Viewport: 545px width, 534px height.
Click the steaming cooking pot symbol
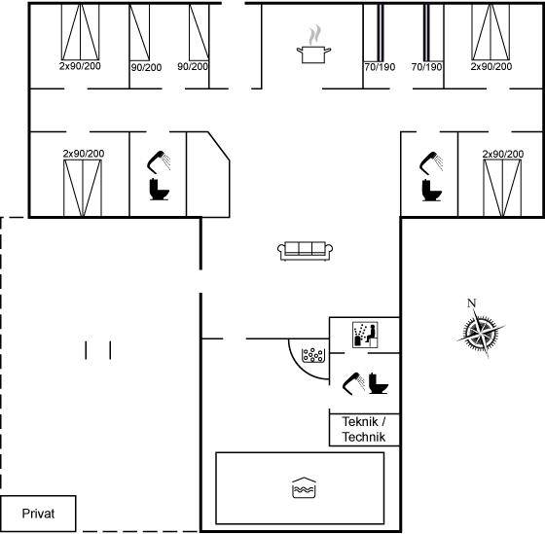coord(313,45)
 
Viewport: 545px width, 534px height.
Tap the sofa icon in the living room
coord(306,251)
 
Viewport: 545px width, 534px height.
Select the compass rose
coord(481,333)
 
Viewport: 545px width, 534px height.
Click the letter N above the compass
coord(471,303)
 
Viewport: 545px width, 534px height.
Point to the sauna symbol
coord(365,335)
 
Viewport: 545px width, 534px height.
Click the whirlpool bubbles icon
coord(313,355)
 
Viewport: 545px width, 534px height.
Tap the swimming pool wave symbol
coord(304,487)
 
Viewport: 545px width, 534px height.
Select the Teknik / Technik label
coord(364,429)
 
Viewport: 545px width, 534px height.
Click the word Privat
coord(38,514)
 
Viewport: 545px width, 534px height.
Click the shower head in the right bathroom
coord(431,162)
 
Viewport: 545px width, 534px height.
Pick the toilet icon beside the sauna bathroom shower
coord(379,383)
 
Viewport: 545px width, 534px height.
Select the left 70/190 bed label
coord(380,67)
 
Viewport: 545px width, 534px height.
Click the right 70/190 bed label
coord(426,67)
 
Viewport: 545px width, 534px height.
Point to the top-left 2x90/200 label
coord(80,66)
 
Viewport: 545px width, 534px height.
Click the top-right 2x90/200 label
coord(491,66)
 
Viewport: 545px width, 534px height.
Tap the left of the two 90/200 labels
coord(146,67)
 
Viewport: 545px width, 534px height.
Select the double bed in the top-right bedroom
coord(490,32)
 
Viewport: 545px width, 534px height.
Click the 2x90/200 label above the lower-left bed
coord(84,154)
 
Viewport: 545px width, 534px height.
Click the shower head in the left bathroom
coord(159,161)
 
